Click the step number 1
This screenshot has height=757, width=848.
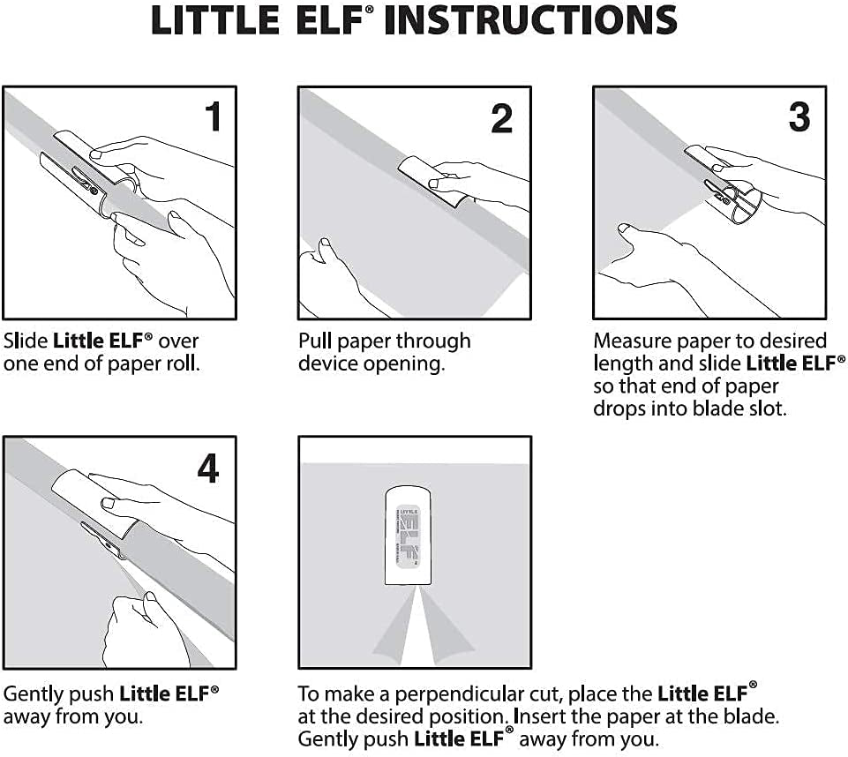212,116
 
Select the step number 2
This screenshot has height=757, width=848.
501,118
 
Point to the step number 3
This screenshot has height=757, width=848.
799,116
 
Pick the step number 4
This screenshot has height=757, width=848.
207,468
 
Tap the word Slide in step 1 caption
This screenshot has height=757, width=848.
26,341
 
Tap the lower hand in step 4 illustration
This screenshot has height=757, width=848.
141,626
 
